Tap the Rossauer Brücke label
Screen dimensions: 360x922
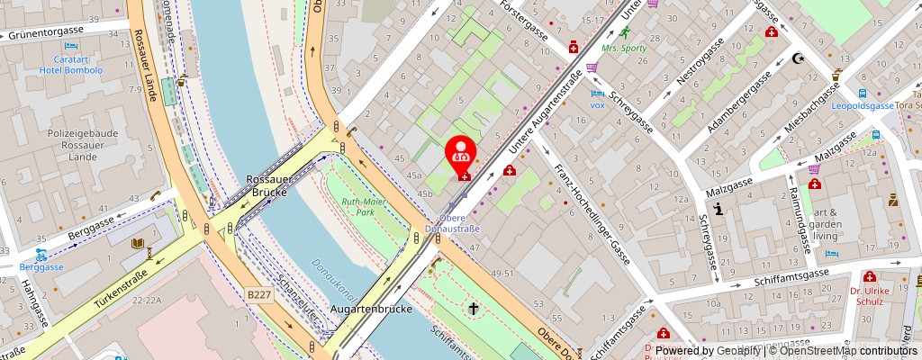pyautogui.click(x=267, y=185)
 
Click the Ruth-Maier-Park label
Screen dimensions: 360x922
pyautogui.click(x=364, y=207)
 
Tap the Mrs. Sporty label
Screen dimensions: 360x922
pyautogui.click(x=625, y=49)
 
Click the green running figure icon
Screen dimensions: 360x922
pyautogui.click(x=612, y=33)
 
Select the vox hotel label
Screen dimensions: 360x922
pyautogui.click(x=597, y=104)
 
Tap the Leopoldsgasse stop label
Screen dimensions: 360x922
pyautogui.click(x=862, y=104)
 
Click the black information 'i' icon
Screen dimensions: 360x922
pyautogui.click(x=719, y=210)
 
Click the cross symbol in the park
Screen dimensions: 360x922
pyautogui.click(x=472, y=309)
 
